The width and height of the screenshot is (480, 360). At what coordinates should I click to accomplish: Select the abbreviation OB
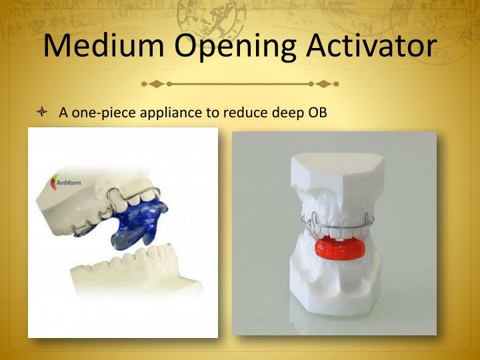317,113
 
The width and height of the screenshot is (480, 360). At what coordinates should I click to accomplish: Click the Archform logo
63,182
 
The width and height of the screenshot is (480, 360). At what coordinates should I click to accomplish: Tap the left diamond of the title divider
156,84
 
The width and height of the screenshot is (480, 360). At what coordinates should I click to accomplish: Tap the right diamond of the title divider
323,84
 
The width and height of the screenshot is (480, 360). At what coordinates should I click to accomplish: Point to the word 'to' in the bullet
213,113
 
